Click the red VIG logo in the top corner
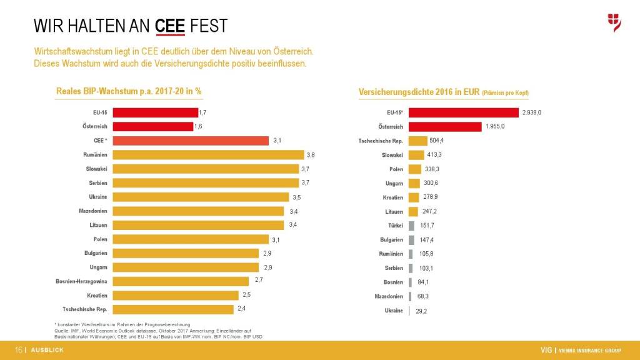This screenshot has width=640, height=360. tap(614, 22)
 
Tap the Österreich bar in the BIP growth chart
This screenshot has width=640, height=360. tap(152, 126)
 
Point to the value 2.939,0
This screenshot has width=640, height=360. tap(531, 112)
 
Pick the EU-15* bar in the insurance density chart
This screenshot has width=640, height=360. tap(464, 112)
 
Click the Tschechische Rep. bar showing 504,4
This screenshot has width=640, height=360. tap(417, 141)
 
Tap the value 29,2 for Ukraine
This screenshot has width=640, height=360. tap(421, 311)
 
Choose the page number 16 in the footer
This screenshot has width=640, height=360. tap(18, 350)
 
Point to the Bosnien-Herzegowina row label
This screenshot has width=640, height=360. tap(81, 281)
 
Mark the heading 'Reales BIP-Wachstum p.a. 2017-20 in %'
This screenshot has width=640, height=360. tap(129, 91)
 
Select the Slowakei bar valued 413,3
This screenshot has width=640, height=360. tap(416, 154)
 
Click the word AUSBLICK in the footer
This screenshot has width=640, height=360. tap(47, 350)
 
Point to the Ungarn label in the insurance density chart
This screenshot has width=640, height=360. tap(394, 183)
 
